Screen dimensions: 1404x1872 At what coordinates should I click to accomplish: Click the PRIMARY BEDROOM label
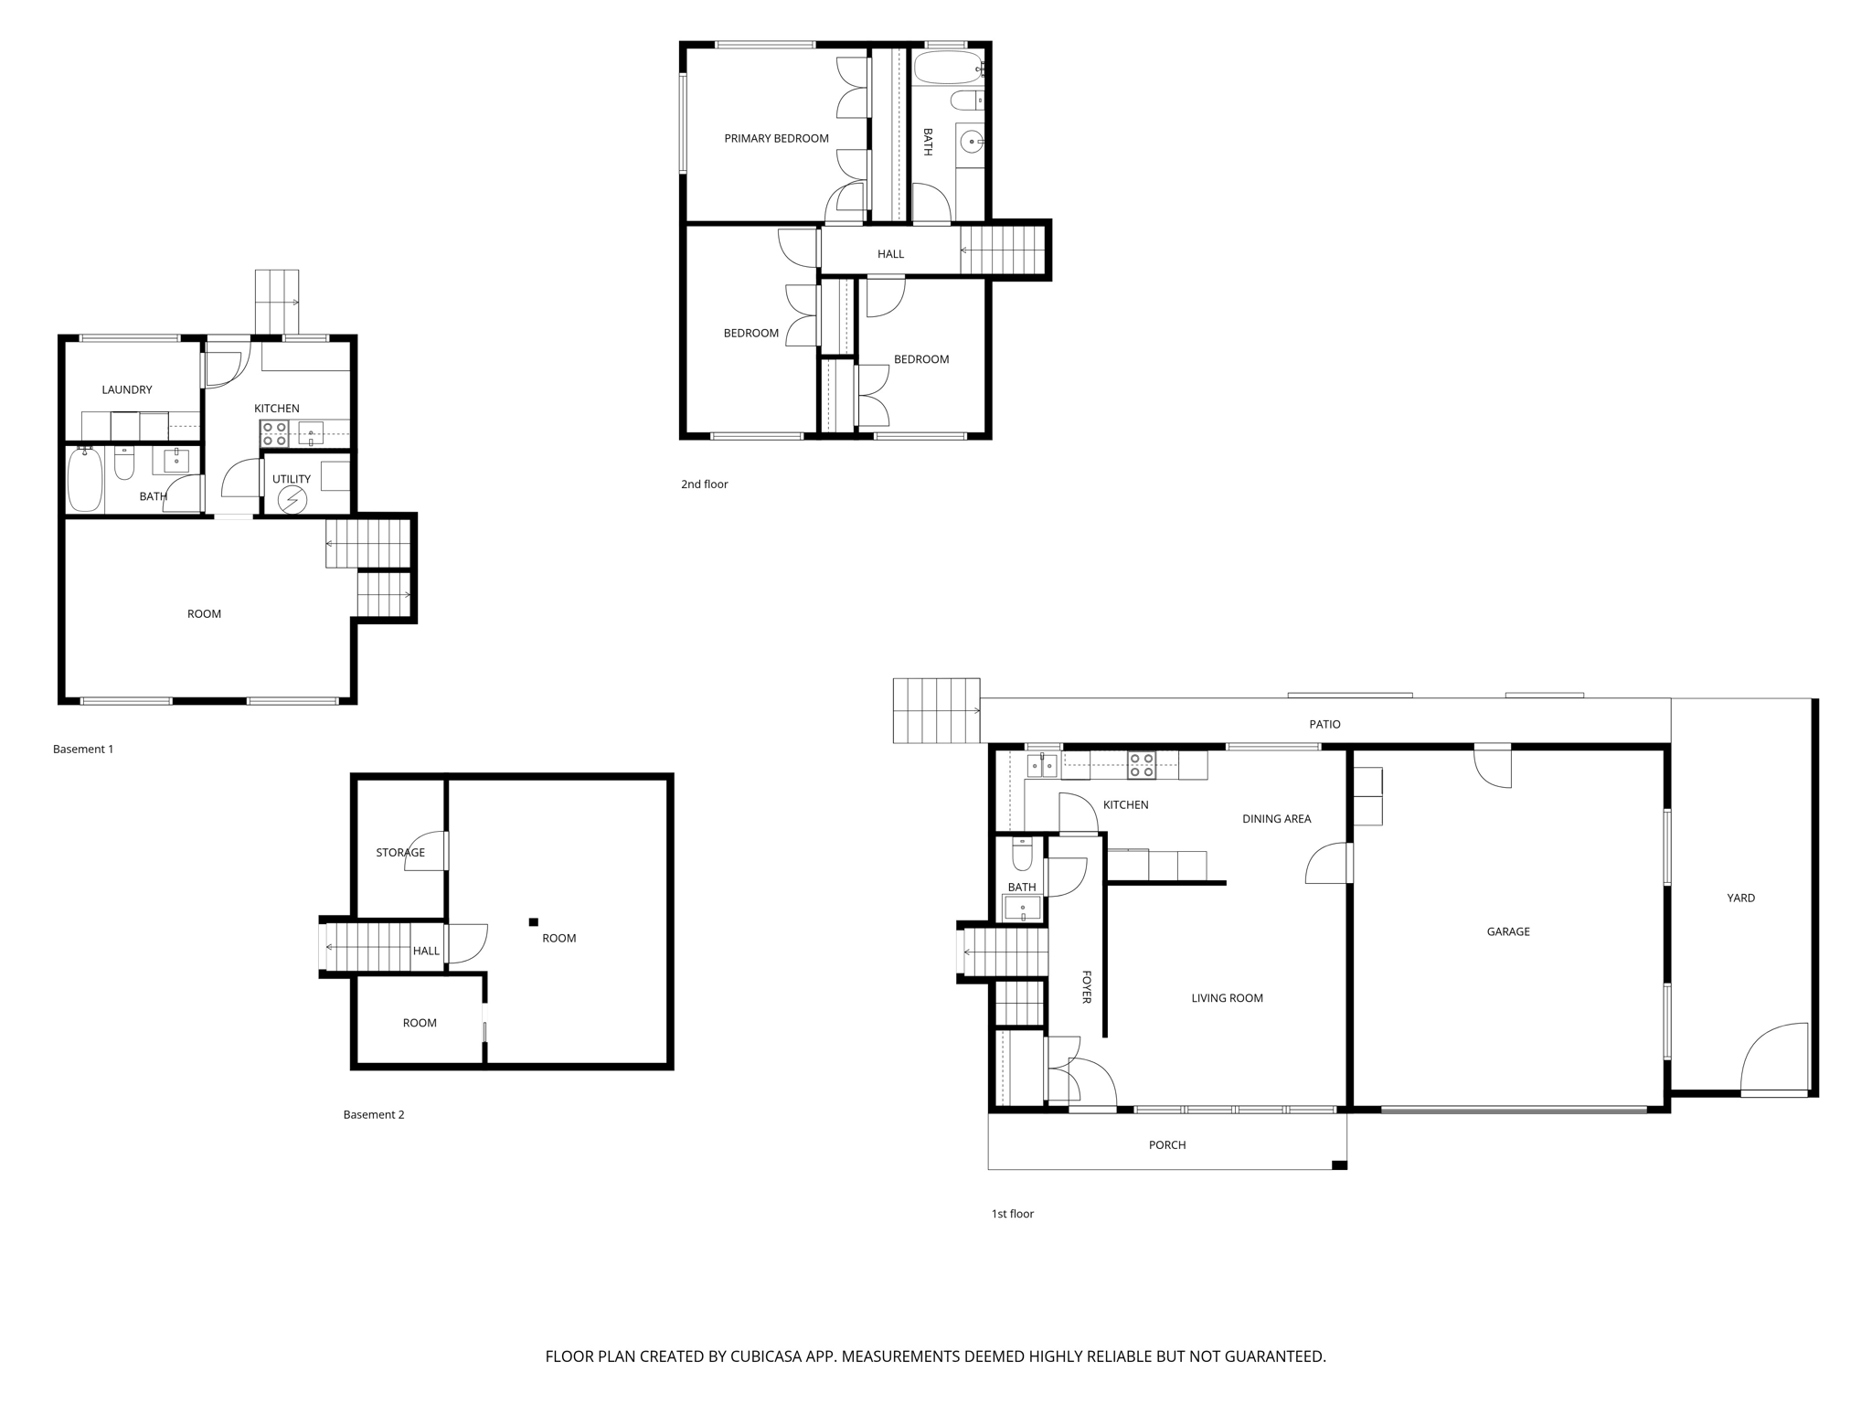776,139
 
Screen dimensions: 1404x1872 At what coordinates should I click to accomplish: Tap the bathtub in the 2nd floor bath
946,68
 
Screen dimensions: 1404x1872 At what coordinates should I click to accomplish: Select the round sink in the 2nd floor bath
971,142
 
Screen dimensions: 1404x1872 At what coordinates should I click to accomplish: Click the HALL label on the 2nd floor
890,254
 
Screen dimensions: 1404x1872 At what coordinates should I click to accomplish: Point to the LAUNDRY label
127,389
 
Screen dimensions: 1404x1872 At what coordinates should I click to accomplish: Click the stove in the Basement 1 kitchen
274,433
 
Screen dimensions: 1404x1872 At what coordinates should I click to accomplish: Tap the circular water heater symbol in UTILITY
292,500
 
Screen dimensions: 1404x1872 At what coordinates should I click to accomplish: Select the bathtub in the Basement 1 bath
84,479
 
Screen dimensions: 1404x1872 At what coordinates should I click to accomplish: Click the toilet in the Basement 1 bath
124,464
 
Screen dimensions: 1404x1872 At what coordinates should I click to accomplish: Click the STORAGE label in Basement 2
400,853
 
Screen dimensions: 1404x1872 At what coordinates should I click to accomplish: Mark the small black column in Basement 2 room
534,922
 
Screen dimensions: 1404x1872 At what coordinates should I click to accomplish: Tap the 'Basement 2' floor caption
374,1114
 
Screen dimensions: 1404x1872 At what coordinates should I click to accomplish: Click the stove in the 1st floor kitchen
1141,765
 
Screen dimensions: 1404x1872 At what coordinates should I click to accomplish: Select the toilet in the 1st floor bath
1022,856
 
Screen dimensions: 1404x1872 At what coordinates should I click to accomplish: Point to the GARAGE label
1508,931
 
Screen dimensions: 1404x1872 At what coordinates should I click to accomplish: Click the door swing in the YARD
1775,1060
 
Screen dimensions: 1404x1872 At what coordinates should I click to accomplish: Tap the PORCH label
1167,1145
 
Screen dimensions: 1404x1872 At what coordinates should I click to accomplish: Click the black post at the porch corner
1339,1165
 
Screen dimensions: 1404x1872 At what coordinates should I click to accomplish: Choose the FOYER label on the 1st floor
1087,987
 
